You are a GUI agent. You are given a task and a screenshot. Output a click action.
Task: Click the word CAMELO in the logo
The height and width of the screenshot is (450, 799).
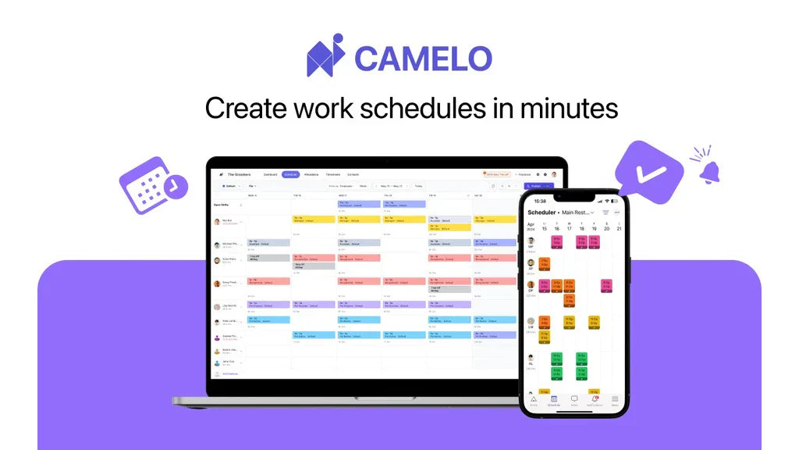coord(424,59)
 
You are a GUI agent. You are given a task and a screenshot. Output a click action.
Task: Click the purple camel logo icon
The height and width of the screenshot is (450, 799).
coord(325,56)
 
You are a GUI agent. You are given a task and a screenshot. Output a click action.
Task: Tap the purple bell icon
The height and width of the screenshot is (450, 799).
coord(709,172)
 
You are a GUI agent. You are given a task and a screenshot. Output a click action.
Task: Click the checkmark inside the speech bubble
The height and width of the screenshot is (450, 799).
coord(650,171)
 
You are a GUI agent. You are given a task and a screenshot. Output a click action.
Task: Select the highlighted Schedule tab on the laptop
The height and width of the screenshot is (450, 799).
coord(290,174)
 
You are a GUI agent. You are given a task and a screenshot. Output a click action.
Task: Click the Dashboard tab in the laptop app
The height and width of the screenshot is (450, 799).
coord(270,174)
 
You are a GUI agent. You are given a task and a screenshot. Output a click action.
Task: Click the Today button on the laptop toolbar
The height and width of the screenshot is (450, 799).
coord(419,186)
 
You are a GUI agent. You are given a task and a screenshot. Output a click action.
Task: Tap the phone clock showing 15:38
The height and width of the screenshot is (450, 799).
coord(541,201)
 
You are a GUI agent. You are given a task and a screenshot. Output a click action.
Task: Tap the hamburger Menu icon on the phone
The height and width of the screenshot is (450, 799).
coord(614,399)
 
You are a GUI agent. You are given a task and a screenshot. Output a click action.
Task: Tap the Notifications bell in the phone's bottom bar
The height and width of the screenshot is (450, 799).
coord(594,399)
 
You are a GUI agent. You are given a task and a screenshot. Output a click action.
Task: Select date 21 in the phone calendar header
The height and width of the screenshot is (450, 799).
coord(617,228)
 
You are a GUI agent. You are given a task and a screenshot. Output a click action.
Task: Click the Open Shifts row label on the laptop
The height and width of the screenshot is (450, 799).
coord(222,205)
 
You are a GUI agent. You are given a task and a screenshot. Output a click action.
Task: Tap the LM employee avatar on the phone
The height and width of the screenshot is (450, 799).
coord(531,321)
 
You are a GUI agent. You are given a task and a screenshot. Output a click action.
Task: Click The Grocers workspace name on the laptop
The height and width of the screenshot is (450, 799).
coord(238,174)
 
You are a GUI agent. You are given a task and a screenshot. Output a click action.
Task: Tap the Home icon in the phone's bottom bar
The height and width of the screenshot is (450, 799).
coord(534,399)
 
